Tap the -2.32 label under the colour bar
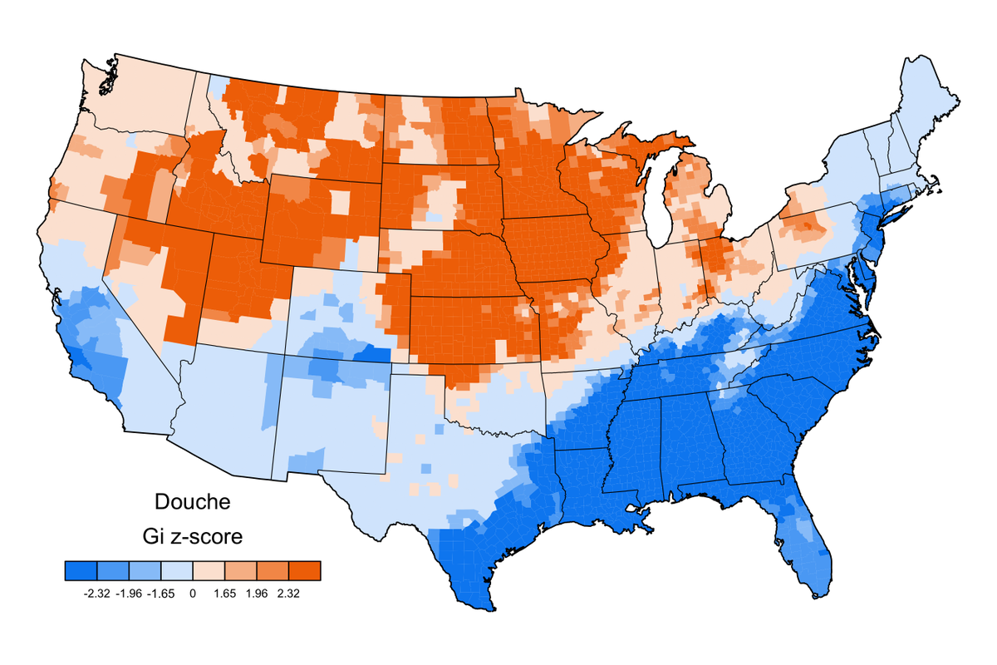[97, 594]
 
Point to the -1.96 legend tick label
[129, 594]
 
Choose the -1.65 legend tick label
[161, 594]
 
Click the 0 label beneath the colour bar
[193, 594]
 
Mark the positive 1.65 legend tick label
[225, 594]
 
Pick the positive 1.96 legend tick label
[257, 594]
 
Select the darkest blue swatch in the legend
[81, 570]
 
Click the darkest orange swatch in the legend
[304, 570]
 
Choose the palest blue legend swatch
[177, 570]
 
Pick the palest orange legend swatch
[209, 570]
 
